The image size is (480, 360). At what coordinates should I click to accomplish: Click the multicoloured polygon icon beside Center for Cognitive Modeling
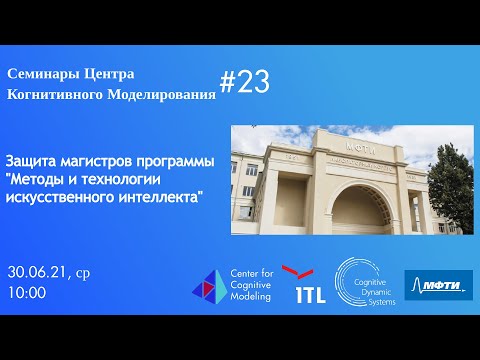[209, 286]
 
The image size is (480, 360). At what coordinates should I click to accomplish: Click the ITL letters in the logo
[309, 295]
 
